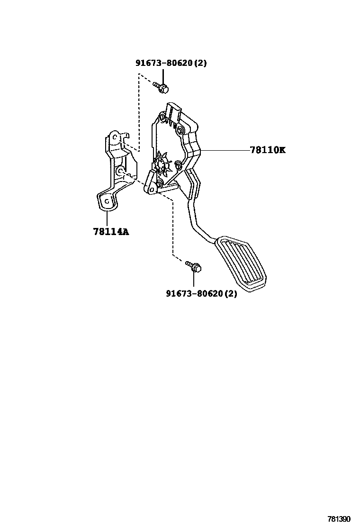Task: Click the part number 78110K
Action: (x=268, y=150)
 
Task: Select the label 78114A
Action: (x=111, y=232)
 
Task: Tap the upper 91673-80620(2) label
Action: (x=171, y=63)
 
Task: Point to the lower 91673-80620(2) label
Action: (x=201, y=294)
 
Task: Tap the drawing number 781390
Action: (x=340, y=519)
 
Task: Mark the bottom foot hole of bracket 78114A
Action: (x=107, y=200)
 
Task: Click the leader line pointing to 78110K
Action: (x=225, y=150)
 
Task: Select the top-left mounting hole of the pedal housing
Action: (x=162, y=117)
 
